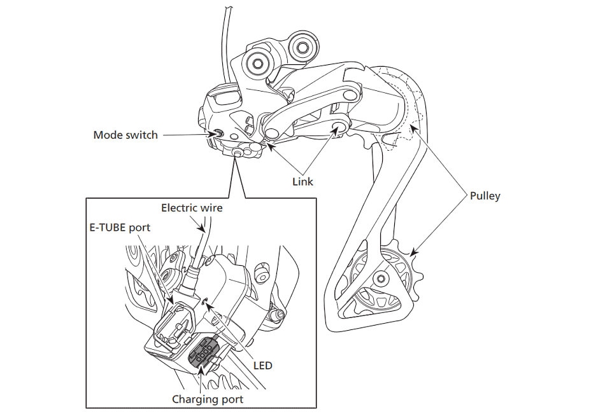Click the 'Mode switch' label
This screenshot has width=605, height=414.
(125, 135)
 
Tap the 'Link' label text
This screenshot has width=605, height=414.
(302, 182)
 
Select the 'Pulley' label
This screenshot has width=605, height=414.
(485, 196)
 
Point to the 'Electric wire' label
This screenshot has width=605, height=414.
(192, 208)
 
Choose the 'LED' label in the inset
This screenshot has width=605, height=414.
(262, 365)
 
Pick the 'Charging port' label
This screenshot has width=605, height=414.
(207, 399)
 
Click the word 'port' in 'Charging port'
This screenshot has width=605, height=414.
(230, 399)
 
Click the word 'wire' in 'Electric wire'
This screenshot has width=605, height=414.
(212, 208)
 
